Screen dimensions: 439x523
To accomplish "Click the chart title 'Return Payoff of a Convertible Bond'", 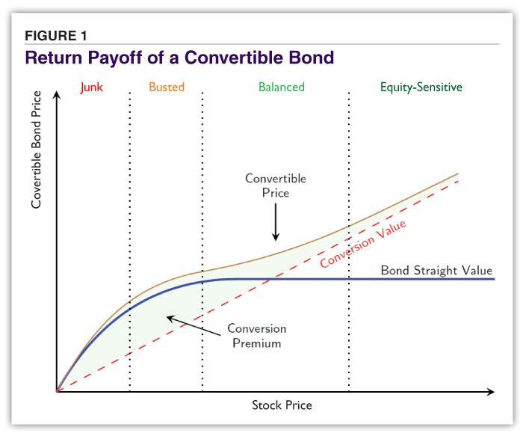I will click(x=179, y=57).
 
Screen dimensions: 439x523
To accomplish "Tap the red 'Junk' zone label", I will click(x=91, y=87).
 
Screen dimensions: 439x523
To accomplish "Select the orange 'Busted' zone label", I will click(x=166, y=87).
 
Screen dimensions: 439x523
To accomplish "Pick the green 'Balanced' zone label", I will click(x=282, y=87).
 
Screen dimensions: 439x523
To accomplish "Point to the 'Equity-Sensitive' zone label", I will click(x=421, y=87).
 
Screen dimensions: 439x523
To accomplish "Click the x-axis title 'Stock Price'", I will click(x=282, y=405).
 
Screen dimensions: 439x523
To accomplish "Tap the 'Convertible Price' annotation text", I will click(x=276, y=185).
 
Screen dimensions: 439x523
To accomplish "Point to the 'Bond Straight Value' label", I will click(x=436, y=270).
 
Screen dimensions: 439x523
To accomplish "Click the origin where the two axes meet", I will click(x=57, y=391).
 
